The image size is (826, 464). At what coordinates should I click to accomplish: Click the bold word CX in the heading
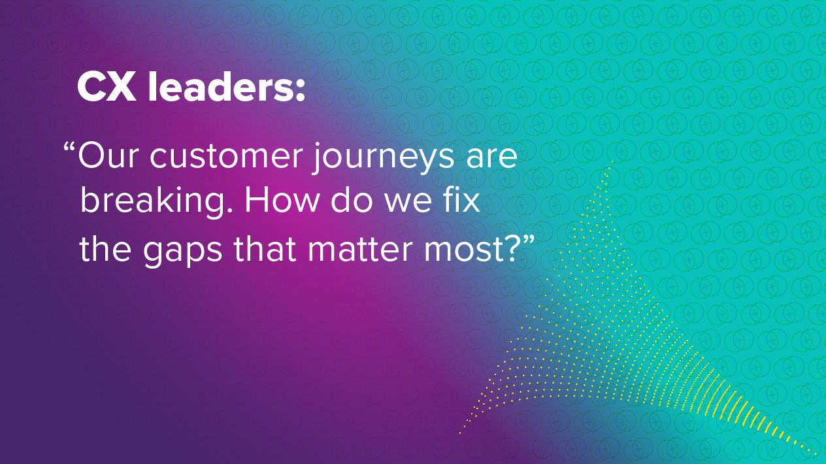click(x=107, y=87)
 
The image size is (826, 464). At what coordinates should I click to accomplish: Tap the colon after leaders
click(x=300, y=91)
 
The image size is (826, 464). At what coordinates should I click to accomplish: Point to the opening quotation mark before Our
click(x=69, y=148)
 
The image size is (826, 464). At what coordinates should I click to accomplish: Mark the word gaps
click(x=182, y=252)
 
